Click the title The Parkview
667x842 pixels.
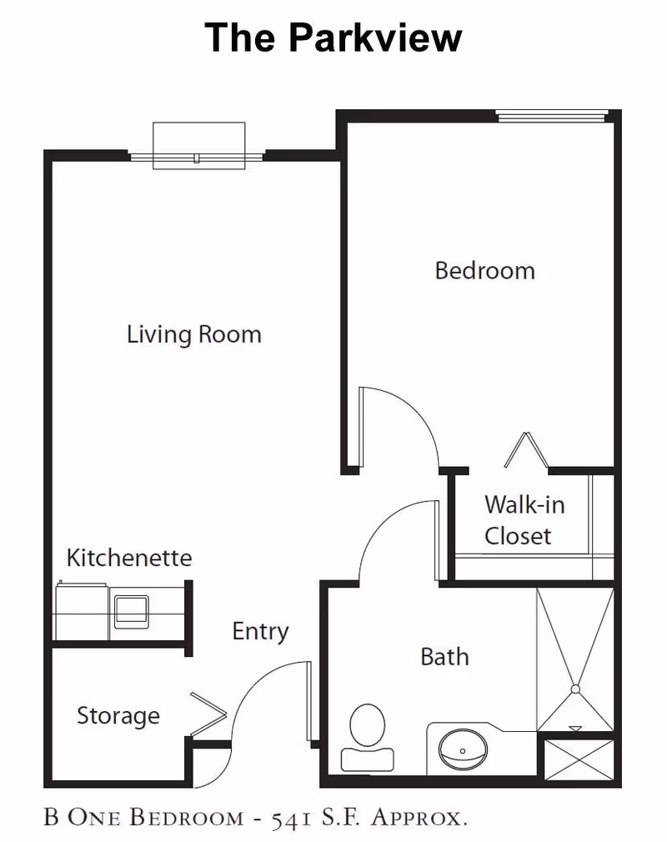[333, 38]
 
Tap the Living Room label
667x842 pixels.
[194, 335]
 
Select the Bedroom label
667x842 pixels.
[484, 271]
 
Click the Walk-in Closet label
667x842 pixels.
[518, 520]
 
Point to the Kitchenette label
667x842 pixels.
[129, 558]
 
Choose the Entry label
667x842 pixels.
[260, 632]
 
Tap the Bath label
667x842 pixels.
[444, 657]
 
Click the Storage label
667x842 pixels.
[118, 715]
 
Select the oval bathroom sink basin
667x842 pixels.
[464, 748]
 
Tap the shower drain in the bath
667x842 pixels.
[574, 689]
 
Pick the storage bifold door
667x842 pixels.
[209, 713]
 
